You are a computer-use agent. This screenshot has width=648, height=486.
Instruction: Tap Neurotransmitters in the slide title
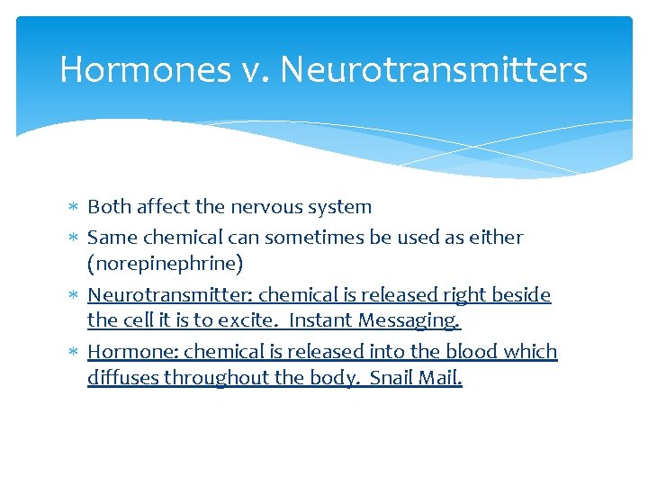(x=435, y=69)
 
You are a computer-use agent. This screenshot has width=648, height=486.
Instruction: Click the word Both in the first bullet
(x=109, y=207)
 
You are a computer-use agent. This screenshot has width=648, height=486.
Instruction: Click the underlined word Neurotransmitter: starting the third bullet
(x=170, y=295)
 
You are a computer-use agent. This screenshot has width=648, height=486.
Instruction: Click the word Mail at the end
(x=441, y=378)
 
